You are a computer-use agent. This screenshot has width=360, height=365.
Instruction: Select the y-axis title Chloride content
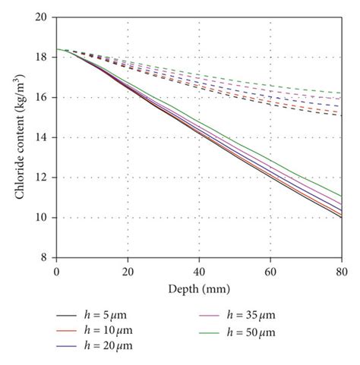(18, 137)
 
